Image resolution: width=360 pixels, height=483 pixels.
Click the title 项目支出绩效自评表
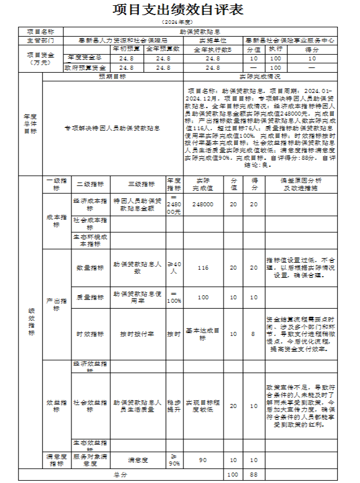[x=179, y=10]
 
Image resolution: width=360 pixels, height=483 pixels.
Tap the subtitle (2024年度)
[x=179, y=22]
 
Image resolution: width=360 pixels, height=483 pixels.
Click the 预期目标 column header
[x=113, y=76]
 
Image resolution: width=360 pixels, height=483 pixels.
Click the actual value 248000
[x=203, y=204]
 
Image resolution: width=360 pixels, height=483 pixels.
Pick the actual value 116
[x=203, y=268]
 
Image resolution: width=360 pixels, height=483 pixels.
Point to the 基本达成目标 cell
[x=203, y=334]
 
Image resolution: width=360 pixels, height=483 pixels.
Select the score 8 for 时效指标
[x=254, y=334]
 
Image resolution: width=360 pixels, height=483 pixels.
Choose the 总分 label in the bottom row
[x=121, y=475]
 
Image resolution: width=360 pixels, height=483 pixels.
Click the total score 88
[x=254, y=475]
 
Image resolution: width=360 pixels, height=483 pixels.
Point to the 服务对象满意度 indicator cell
[x=90, y=460]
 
